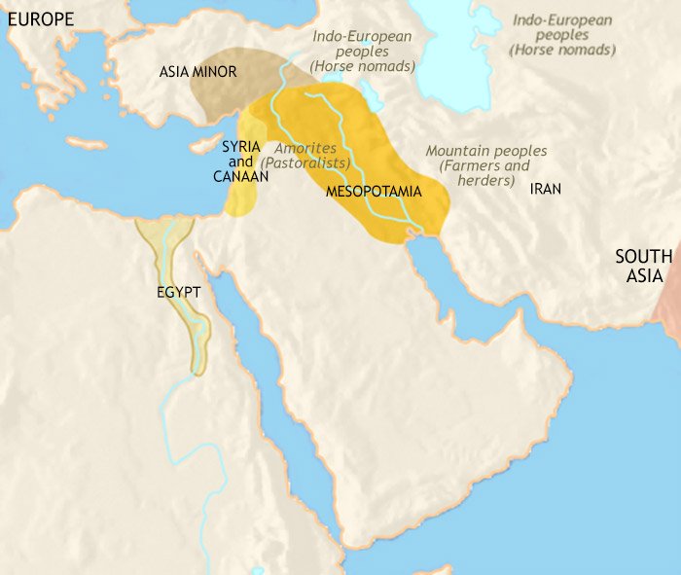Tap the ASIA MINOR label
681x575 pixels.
[x=198, y=72]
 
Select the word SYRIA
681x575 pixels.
[x=240, y=145]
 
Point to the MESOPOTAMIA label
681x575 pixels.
[x=374, y=192]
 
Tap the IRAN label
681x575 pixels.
[x=544, y=189]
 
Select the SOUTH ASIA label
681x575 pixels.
[x=642, y=267]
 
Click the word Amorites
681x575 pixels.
[x=305, y=148]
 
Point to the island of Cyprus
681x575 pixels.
[x=208, y=149]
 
